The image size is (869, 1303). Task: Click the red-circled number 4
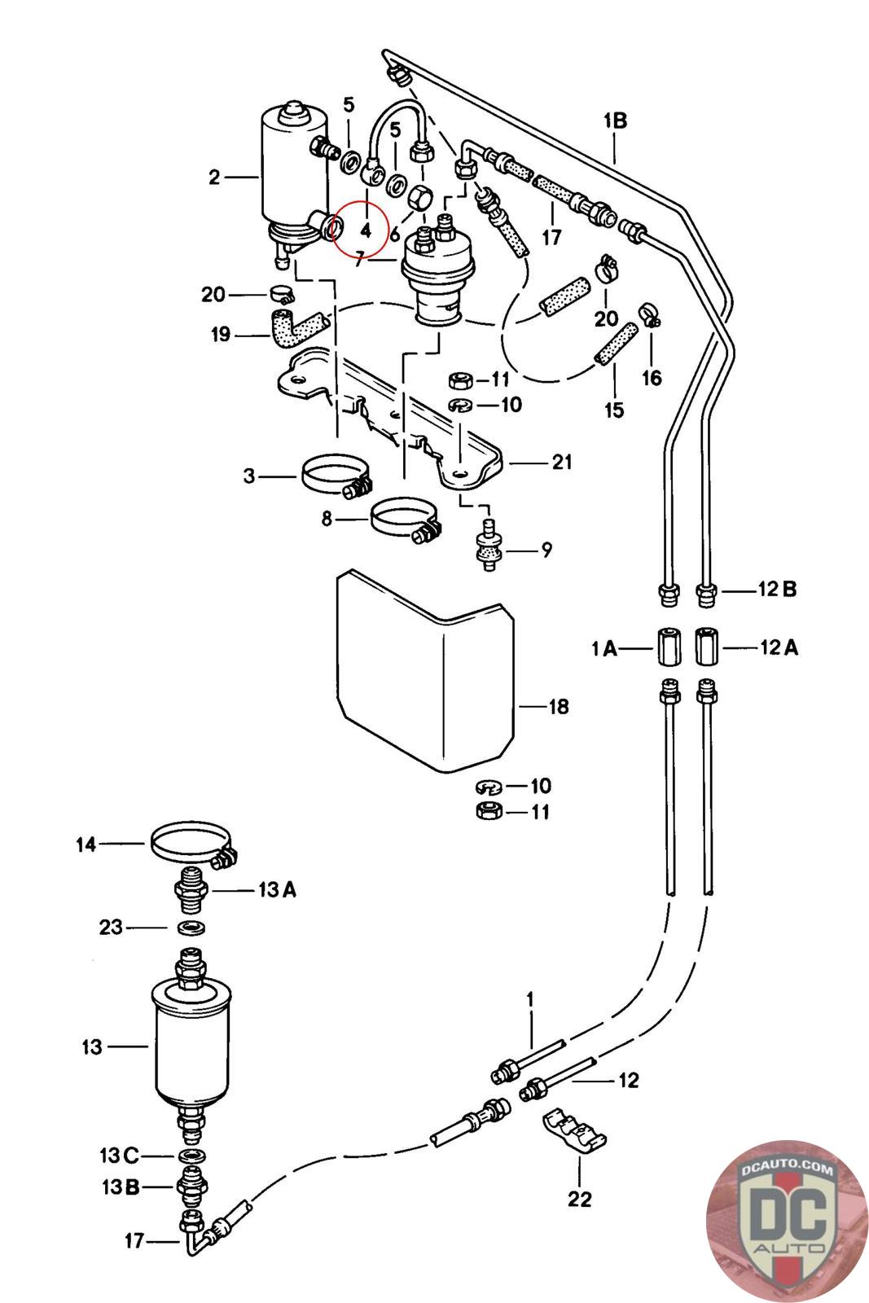(x=366, y=231)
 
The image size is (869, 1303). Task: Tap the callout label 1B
(x=615, y=121)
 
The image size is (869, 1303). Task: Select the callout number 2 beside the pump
(x=215, y=177)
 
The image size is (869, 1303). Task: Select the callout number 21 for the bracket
(x=561, y=463)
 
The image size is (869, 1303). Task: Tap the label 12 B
(x=777, y=590)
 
